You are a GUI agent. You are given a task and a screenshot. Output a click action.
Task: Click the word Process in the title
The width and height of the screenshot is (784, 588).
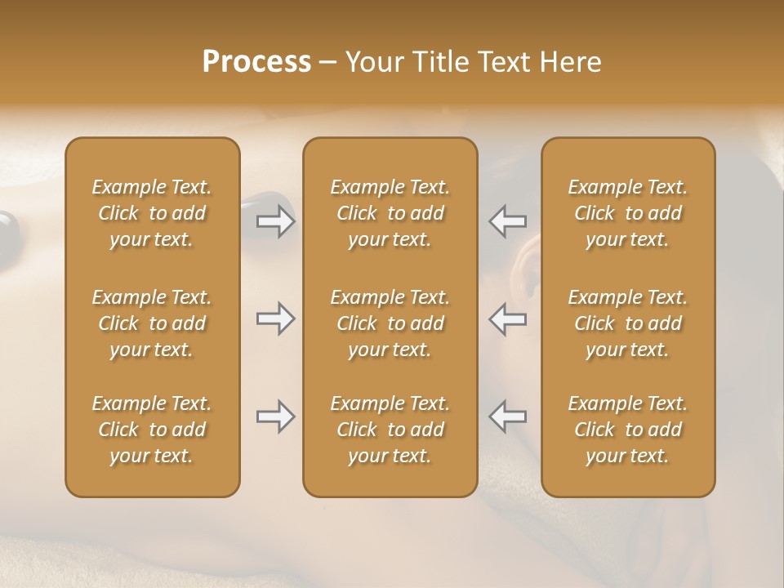[256, 62]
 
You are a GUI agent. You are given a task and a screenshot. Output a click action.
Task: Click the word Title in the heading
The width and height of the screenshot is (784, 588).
[442, 62]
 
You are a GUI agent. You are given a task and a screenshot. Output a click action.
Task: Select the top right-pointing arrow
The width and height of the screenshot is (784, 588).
[275, 221]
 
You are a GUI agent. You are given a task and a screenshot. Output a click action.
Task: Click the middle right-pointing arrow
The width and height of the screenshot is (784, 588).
[275, 318]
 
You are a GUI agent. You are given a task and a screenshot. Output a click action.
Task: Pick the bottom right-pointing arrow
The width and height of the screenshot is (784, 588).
[275, 416]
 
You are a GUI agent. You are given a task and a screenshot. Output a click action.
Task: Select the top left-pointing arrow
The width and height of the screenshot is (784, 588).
[507, 221]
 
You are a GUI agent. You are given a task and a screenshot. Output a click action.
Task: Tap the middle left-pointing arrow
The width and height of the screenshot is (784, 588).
[507, 318]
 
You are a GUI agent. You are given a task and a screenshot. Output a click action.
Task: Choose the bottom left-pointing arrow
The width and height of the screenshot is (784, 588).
[507, 416]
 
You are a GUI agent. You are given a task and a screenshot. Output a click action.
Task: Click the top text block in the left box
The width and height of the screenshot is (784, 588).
[152, 213]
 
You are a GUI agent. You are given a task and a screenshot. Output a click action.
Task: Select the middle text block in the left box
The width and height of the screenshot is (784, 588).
[152, 323]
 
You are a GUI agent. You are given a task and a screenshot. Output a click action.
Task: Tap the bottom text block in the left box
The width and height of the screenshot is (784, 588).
[152, 430]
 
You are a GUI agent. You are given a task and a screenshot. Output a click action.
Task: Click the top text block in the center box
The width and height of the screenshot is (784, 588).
[390, 213]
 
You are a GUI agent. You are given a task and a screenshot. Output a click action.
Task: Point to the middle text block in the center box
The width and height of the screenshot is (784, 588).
[390, 323]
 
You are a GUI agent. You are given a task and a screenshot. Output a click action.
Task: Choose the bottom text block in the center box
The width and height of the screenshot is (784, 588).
[390, 430]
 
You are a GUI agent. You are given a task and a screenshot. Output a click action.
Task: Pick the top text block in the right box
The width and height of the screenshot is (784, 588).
[627, 213]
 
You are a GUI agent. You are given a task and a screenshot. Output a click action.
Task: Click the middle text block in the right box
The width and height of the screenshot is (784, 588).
[627, 323]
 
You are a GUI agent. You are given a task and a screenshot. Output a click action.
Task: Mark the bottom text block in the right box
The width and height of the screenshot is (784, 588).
[627, 430]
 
